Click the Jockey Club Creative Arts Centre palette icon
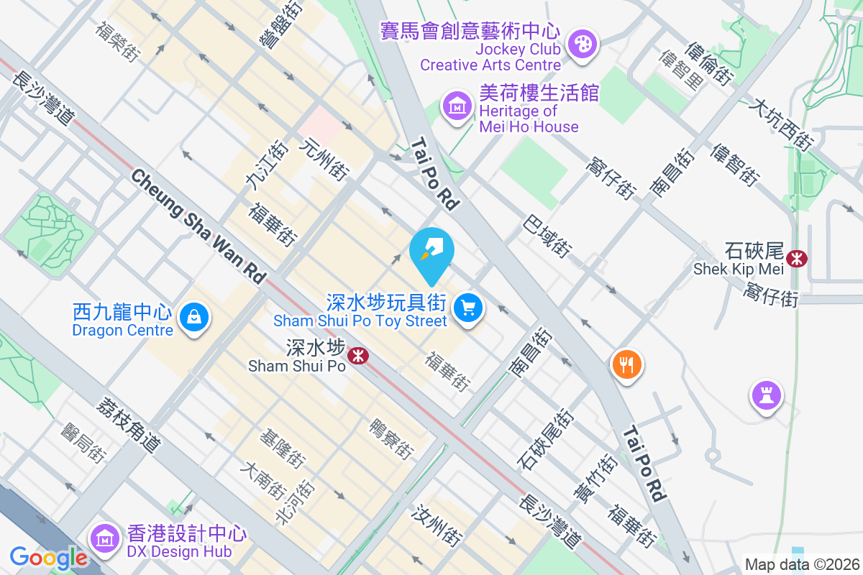point(580,45)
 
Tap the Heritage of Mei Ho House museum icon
point(457,108)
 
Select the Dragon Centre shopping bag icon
point(193,317)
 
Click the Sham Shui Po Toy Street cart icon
point(469,308)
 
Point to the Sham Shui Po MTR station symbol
point(356,354)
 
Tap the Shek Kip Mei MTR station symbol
point(796,258)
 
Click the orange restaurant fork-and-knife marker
point(626,364)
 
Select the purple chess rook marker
point(765,395)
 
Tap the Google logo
point(49,557)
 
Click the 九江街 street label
point(256,166)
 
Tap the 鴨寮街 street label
point(391,438)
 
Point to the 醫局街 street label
point(83,442)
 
